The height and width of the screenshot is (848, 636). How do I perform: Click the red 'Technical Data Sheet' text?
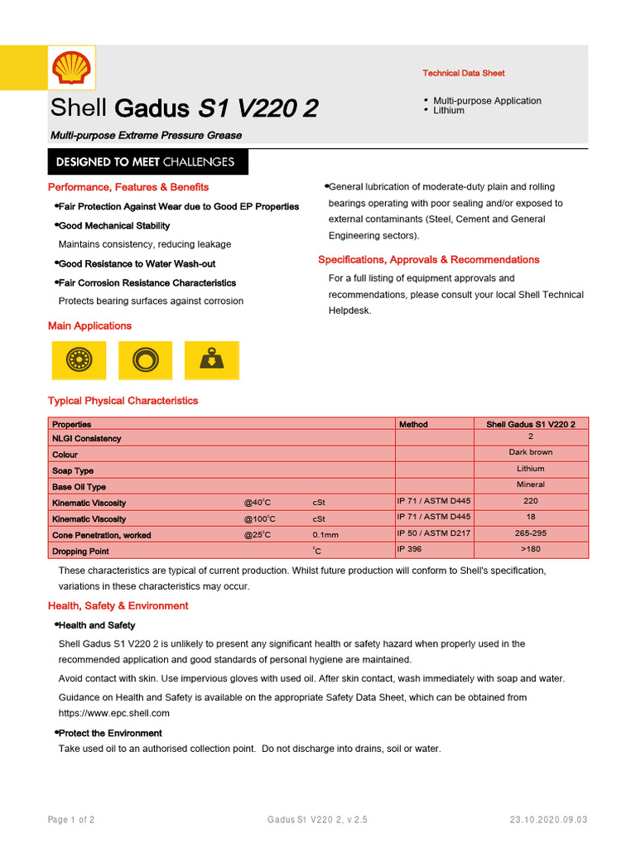point(463,74)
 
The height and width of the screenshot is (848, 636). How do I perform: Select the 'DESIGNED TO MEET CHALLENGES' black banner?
point(147,161)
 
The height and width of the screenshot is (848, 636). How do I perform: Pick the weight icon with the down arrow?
point(210,359)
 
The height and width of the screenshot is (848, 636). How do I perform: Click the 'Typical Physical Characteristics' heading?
point(123,401)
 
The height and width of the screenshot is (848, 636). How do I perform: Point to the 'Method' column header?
point(413,424)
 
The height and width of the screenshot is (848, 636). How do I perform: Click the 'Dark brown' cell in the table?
point(530,452)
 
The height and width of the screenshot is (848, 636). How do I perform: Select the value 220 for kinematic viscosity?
point(530,501)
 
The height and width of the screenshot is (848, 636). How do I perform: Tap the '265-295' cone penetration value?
point(530,533)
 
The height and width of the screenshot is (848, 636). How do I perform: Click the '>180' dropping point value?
point(530,549)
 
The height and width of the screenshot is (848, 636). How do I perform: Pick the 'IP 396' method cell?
point(409,549)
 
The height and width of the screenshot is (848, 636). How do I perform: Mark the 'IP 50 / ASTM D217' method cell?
point(433,533)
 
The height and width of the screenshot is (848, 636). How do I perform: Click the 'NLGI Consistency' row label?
point(86,439)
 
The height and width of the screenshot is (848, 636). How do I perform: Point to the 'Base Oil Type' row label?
point(79,487)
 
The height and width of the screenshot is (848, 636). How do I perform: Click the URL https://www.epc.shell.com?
point(113,713)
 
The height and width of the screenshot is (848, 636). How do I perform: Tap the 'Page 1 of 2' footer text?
point(71,820)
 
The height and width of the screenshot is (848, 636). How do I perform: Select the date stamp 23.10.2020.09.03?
point(548,820)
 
